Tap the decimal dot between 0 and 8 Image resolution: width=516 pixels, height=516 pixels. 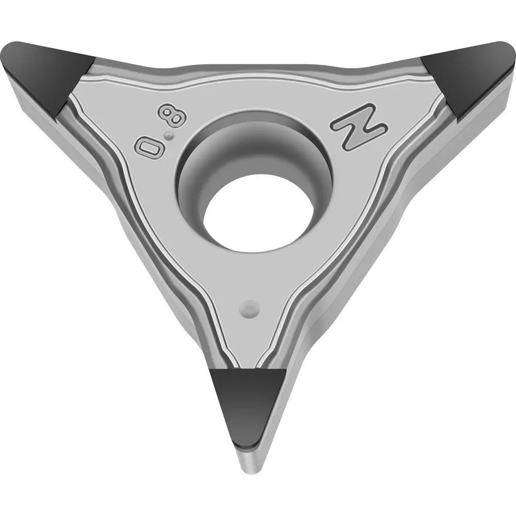[169, 135]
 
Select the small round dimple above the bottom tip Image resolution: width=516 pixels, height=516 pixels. [250, 309]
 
